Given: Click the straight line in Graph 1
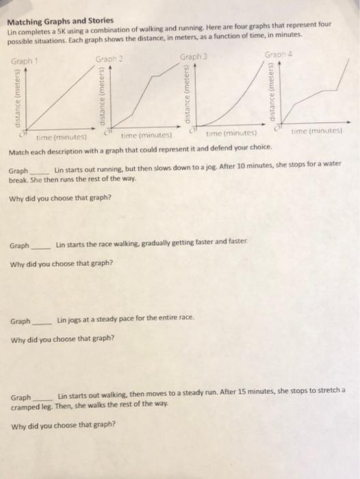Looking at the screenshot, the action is point(51,96).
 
